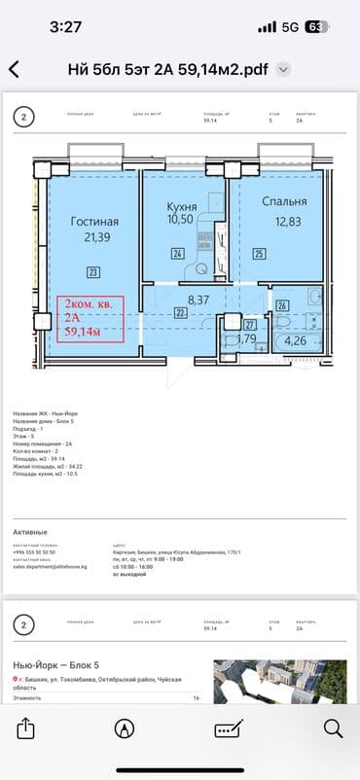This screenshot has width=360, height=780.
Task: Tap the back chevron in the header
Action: pos(14,69)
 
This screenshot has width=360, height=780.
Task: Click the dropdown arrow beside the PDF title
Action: pos(283,69)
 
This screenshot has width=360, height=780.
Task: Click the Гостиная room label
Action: pos(94,222)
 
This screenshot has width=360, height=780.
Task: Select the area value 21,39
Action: pos(95,237)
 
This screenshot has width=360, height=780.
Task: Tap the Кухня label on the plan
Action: pos(181,207)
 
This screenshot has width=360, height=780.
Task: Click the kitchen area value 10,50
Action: pos(182,222)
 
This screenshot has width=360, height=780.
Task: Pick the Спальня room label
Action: pos(284,202)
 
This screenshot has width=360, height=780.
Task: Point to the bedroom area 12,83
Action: pos(284,221)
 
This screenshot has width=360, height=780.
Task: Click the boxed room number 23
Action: pos(92,271)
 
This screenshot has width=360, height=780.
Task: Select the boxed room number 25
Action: pos(259,255)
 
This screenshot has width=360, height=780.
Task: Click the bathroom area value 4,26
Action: pos(293,341)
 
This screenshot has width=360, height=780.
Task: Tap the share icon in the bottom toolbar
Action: pos(26,727)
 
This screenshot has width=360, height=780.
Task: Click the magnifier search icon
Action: pos(332,727)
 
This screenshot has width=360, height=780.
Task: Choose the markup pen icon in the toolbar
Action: pos(125,727)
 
